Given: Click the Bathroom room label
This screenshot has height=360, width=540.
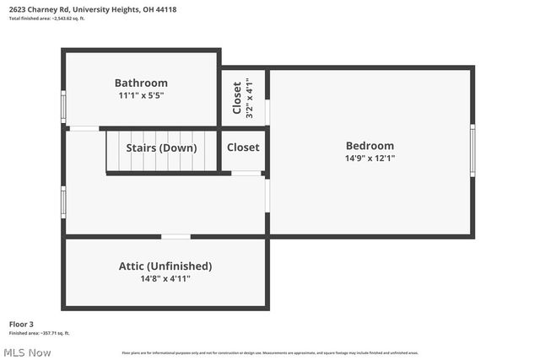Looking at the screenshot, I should (141, 83).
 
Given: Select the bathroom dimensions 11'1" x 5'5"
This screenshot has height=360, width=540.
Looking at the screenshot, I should (141, 96).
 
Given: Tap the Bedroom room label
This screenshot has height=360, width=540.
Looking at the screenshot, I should (370, 145).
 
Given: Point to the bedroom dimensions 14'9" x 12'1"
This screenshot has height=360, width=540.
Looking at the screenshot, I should (370, 158).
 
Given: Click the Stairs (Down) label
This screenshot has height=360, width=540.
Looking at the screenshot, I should (161, 148).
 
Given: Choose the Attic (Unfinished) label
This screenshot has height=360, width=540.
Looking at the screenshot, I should (165, 266).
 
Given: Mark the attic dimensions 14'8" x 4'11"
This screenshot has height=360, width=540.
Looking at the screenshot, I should (165, 279).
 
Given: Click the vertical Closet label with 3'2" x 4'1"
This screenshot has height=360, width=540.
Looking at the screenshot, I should (237, 98).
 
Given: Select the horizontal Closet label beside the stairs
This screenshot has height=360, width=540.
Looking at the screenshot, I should (243, 148).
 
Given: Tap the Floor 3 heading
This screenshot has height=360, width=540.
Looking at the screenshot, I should (21, 324).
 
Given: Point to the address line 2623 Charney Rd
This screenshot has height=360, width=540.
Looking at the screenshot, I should (93, 9).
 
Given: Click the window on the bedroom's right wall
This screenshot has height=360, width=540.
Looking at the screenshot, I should (472, 150).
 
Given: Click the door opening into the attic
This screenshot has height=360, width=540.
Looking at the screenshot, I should (175, 237).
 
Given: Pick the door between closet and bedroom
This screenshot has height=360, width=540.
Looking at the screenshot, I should (267, 112).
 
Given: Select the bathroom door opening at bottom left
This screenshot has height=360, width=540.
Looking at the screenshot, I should (84, 128).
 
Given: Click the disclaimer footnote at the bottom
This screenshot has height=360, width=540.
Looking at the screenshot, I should (270, 352).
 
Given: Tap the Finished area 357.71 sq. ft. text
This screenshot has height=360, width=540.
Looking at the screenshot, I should (40, 333).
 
